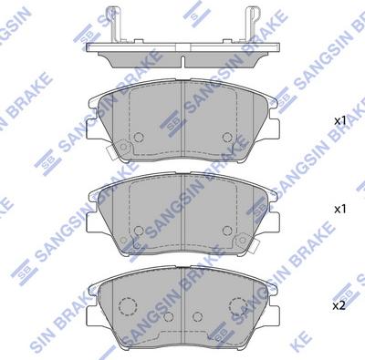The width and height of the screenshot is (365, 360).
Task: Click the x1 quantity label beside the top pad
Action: (340, 121)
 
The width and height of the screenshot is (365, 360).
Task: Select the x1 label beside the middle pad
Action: (340, 209)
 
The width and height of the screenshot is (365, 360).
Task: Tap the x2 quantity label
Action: (339, 305)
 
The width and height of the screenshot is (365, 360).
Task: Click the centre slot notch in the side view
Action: (182, 61)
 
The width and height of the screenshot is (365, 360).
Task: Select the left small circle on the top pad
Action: (139, 138)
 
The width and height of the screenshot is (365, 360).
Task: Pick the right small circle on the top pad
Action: (227, 138)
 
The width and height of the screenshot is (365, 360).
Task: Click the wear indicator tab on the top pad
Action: (111, 152)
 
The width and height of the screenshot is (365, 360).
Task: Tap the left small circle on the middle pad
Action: (139, 231)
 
